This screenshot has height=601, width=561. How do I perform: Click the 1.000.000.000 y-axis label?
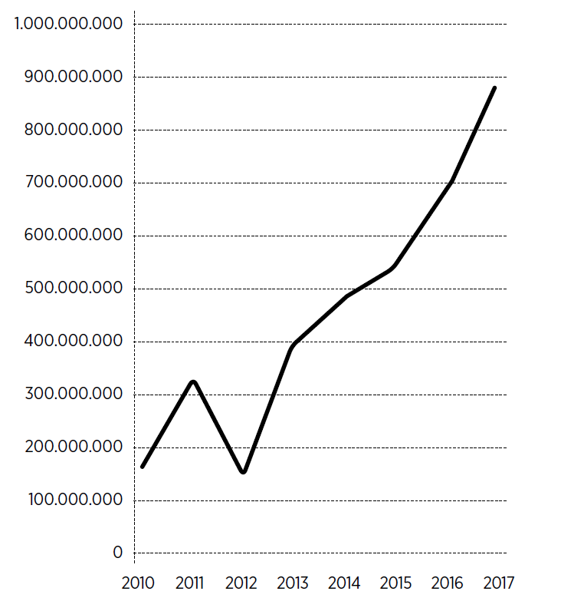click(68, 24)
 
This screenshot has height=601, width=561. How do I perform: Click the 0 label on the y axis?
click(117, 553)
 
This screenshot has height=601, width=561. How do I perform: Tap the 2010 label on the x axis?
click(139, 583)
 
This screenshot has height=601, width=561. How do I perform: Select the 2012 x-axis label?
click(241, 583)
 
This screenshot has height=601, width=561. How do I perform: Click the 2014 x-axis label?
click(344, 583)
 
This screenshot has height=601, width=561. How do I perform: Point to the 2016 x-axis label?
click(447, 583)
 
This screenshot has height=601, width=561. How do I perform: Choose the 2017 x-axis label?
click(498, 583)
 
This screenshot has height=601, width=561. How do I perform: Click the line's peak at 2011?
click(193, 381)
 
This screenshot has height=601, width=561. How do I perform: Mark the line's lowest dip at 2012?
click(243, 472)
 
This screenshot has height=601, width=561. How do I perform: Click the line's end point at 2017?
click(494, 88)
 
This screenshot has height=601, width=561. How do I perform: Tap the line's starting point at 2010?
click(143, 467)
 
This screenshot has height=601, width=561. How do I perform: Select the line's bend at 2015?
click(394, 266)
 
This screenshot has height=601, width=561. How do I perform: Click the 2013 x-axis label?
click(292, 583)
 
